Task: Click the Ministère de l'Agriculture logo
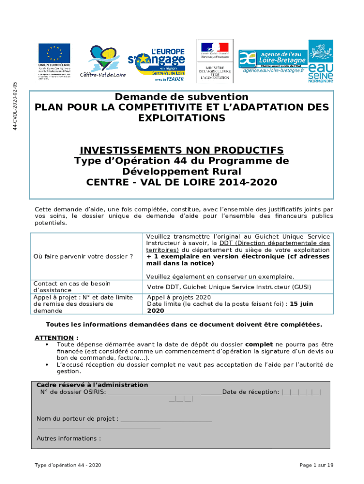215,60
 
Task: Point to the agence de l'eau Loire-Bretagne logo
272,61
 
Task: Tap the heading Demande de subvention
182,97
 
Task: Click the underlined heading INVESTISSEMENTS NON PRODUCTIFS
182,150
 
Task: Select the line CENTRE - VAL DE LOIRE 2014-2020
182,182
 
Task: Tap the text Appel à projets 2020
179,297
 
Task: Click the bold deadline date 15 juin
301,304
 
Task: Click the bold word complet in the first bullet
259,345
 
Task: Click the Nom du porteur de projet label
78,419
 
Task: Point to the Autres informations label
69,438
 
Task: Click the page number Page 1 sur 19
316,465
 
